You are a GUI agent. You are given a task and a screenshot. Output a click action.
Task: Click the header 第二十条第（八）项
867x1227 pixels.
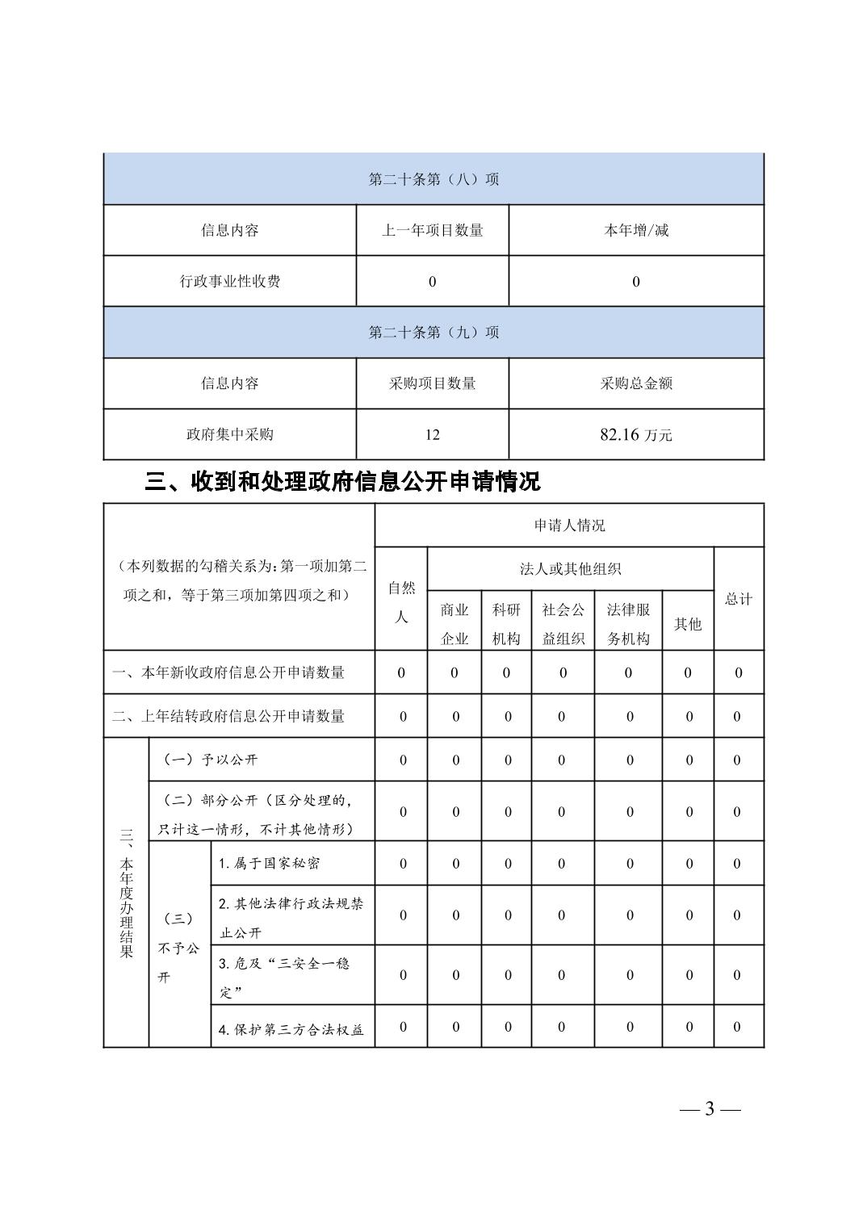433,179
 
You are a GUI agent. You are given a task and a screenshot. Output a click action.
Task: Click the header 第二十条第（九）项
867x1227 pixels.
433,332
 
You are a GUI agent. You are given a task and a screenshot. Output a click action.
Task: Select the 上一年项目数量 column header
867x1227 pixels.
432,230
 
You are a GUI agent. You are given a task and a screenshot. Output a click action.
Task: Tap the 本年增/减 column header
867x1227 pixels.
636,230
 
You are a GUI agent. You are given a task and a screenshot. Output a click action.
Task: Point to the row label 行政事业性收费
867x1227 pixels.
230,281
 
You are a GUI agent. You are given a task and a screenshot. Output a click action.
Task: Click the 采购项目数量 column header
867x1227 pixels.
432,383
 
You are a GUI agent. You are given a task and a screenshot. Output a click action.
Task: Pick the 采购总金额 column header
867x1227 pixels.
636,383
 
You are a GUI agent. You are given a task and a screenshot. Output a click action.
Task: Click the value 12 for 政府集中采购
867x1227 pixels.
432,434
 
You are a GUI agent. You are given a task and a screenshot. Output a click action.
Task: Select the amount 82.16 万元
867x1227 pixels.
636,434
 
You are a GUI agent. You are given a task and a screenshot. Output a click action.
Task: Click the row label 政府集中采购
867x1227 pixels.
230,434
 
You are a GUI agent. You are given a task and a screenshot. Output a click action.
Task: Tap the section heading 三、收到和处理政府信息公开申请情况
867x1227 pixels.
342,482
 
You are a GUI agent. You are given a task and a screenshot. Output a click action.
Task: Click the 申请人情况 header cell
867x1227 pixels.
569,526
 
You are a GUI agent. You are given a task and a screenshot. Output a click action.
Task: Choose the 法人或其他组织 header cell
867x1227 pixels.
570,569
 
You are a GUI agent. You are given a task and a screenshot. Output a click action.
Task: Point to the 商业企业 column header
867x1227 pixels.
454,623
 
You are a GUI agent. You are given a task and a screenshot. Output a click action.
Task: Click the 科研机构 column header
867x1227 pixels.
506,623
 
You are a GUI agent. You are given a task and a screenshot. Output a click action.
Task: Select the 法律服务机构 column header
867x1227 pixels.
628,623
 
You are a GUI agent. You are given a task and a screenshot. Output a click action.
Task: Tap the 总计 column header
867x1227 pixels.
738,598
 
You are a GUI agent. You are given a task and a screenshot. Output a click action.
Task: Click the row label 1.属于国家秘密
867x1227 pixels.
270,863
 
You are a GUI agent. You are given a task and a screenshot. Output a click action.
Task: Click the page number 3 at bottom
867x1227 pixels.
710,1108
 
